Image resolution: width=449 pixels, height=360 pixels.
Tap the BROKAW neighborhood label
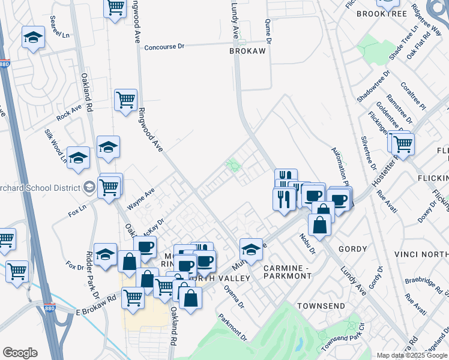click(x=247, y=52)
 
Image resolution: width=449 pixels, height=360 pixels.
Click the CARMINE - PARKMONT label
click(x=288, y=271)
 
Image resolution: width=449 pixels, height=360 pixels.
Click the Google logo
click(x=20, y=352)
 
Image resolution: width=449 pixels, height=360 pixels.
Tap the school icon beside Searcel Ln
click(x=33, y=37)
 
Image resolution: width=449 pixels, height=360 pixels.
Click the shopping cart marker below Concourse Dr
click(x=125, y=100)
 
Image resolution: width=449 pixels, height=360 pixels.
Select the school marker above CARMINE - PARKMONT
click(x=252, y=249)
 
